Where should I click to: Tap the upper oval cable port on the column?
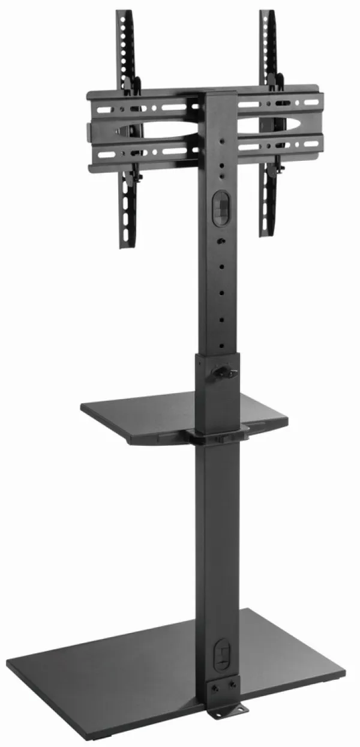220,208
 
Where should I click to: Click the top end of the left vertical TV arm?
125,13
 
